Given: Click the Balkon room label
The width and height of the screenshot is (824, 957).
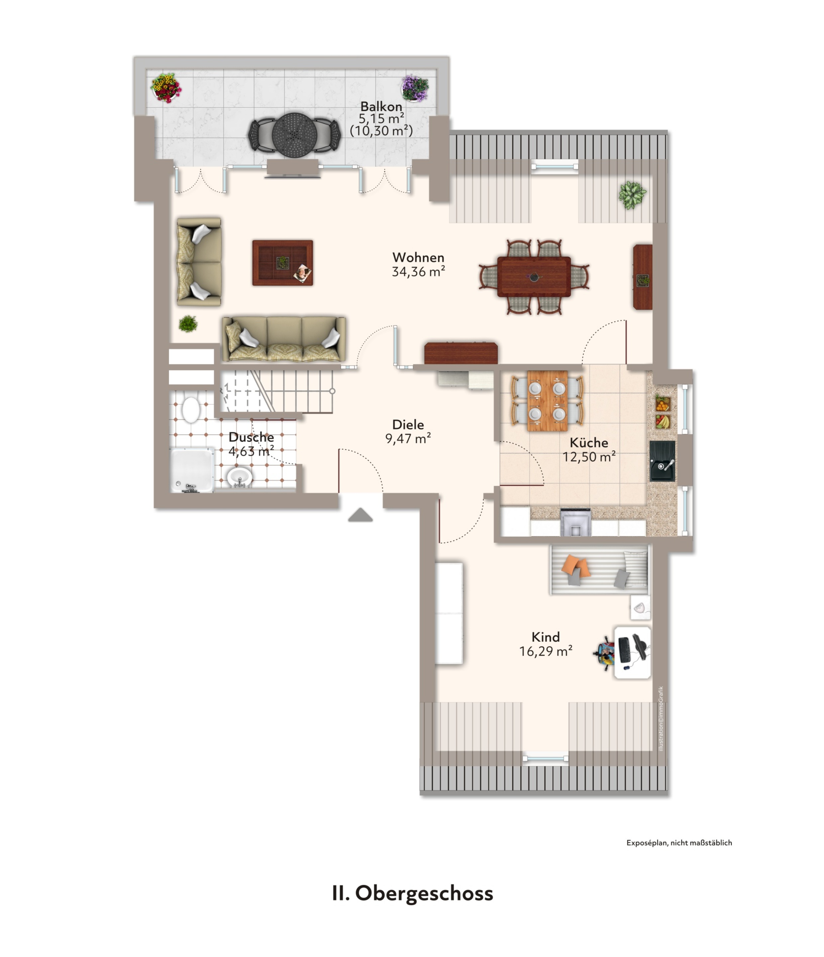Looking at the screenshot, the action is (381, 106).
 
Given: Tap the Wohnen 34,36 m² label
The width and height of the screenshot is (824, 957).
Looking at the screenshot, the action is (418, 264).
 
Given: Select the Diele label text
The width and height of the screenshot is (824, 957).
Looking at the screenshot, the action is (408, 424).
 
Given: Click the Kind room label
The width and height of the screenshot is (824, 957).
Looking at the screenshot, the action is (546, 637).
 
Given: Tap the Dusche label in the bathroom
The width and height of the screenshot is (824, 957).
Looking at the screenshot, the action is (251, 437).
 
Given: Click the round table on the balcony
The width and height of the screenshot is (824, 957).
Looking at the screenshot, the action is (294, 134).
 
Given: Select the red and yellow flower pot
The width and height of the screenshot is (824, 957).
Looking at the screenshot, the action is (166, 87).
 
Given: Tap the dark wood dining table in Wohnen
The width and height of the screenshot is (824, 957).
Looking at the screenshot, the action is (534, 277).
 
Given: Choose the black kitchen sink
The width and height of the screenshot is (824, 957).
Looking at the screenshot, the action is (662, 461).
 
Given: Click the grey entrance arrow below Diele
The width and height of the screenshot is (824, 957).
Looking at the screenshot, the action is (360, 515).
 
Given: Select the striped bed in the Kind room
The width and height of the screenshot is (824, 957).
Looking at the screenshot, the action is (599, 570).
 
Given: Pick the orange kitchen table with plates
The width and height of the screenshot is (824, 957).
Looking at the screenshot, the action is (547, 401).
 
